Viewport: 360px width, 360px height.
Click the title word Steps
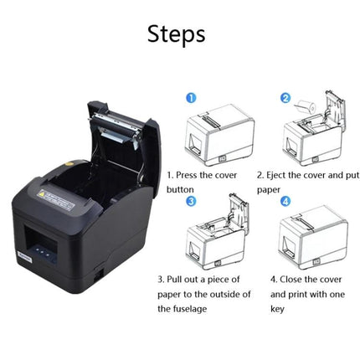(x=176, y=34)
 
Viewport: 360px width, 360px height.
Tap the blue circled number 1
(x=191, y=98)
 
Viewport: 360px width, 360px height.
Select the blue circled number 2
(x=285, y=99)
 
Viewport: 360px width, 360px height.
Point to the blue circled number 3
(x=191, y=201)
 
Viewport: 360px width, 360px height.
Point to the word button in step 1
(x=181, y=189)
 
